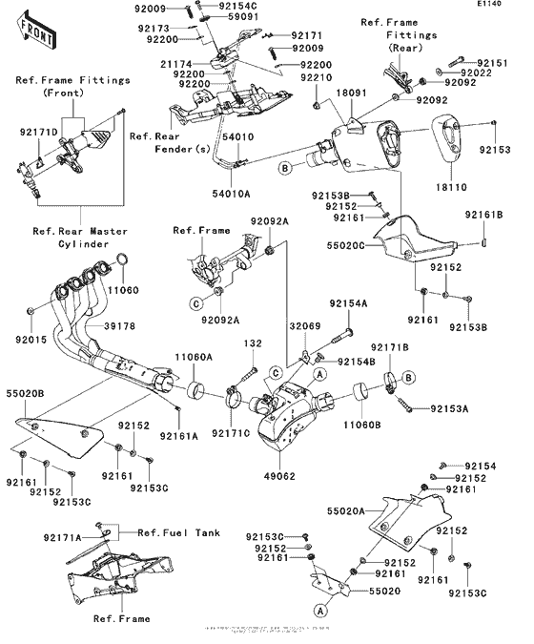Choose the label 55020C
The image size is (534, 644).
pyautogui.click(x=342, y=244)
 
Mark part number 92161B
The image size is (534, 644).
pyautogui.click(x=484, y=215)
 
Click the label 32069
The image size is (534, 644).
pyautogui.click(x=305, y=325)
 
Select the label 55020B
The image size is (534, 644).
pyautogui.click(x=26, y=392)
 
